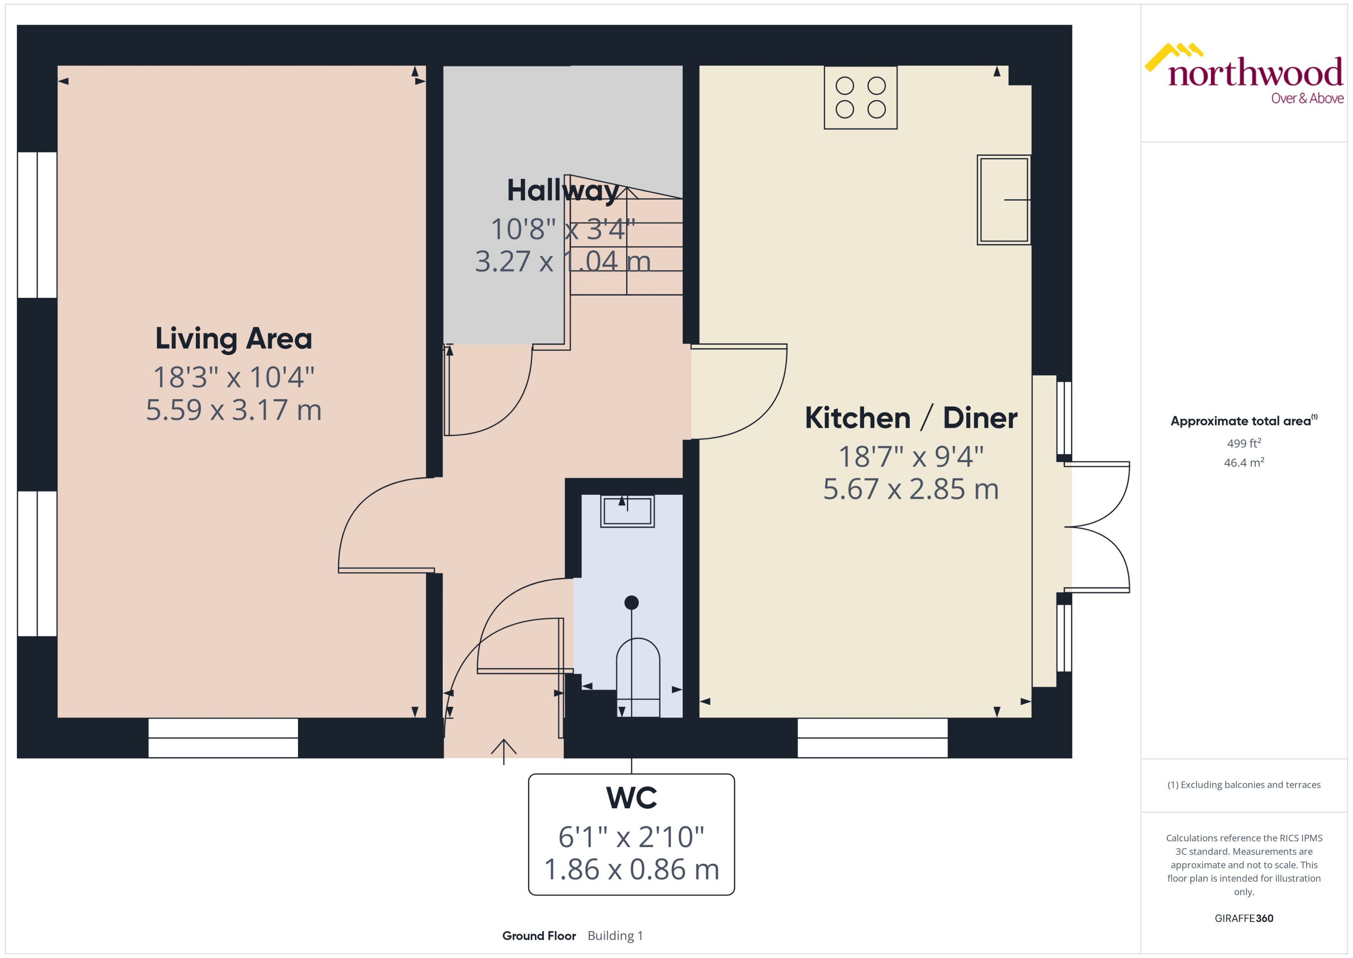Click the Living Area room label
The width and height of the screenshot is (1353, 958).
pos(233,338)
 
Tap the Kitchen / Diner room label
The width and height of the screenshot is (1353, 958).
pos(911,418)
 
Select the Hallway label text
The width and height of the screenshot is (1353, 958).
pos(562,191)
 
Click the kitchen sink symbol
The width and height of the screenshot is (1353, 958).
pos(1004,200)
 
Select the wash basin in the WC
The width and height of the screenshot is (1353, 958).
pos(627,511)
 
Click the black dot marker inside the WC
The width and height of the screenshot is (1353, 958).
pos(631,602)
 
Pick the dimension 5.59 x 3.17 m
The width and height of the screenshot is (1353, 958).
pos(233,410)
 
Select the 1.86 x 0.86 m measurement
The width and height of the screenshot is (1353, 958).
pos(631,869)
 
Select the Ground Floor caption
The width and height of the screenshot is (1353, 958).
pos(539,936)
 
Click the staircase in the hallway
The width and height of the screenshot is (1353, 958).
pos(626,248)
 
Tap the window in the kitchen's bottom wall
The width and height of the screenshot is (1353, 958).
pos(872,738)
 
